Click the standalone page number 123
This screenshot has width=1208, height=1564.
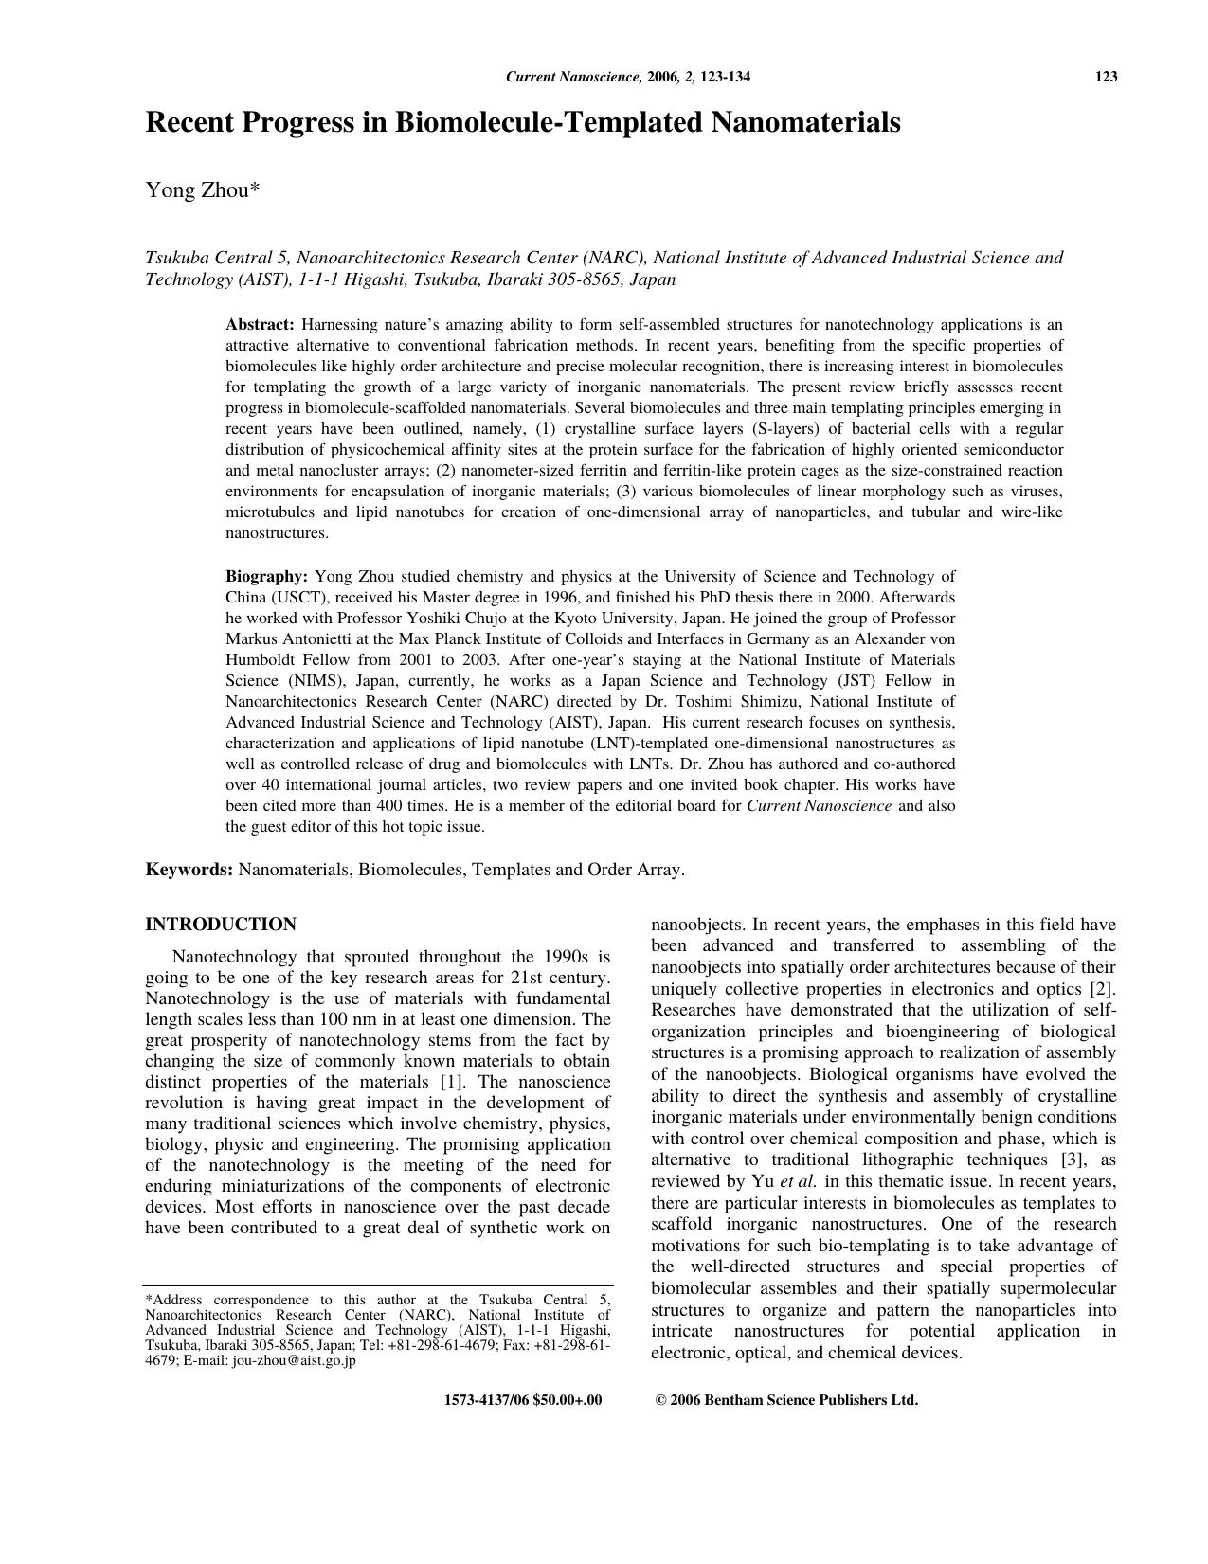[1106, 77]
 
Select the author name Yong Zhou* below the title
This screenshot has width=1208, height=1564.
[202, 190]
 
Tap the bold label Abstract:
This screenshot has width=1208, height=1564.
[260, 325]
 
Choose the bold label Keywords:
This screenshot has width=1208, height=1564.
[189, 870]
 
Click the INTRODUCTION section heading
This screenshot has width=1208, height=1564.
[220, 925]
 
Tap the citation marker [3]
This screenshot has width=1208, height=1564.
[1071, 1160]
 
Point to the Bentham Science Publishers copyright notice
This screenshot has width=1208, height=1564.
[786, 1400]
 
